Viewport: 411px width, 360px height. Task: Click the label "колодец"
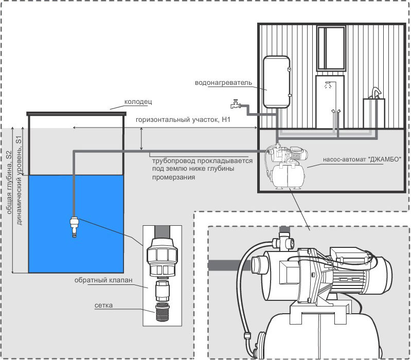click(138, 102)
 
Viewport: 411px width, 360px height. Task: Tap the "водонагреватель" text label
click(223, 83)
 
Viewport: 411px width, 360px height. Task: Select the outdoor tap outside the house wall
click(236, 104)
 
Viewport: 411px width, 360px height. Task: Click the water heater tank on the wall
click(276, 82)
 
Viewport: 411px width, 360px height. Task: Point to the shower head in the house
click(327, 84)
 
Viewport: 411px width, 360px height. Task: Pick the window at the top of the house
click(331, 48)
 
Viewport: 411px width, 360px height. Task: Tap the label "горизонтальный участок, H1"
click(183, 120)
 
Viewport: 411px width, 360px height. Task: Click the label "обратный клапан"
click(103, 280)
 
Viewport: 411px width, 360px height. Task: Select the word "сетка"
click(103, 305)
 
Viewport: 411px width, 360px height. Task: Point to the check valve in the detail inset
click(162, 291)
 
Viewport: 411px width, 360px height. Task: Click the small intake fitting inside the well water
click(75, 227)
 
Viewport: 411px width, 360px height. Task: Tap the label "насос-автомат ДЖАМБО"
click(362, 159)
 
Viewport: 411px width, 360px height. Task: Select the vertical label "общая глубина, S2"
click(9, 183)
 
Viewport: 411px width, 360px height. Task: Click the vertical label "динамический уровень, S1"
click(19, 181)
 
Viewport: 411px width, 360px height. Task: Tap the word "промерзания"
click(173, 177)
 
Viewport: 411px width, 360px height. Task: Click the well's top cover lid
click(76, 114)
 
